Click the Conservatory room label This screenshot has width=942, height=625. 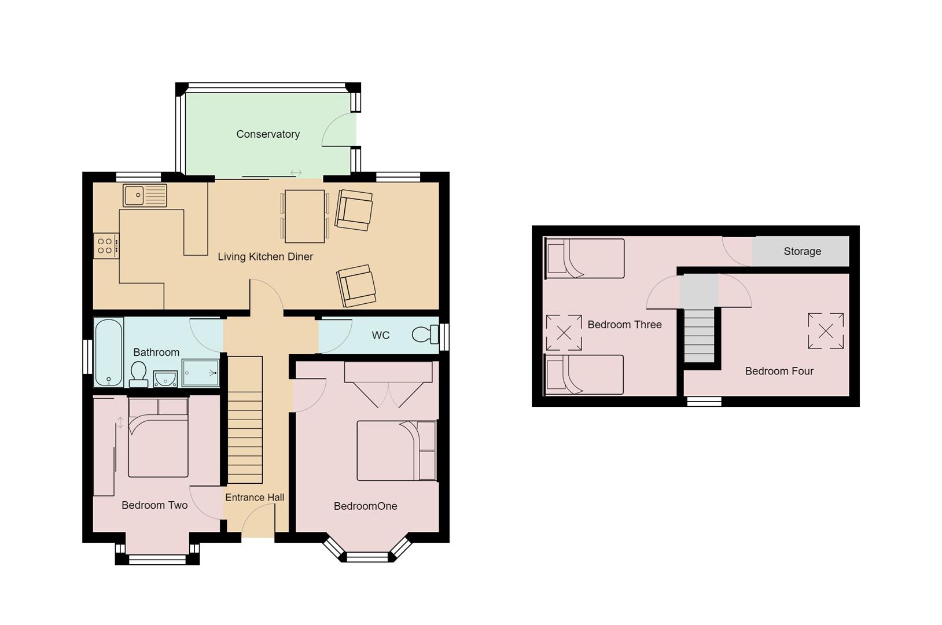coord(268,134)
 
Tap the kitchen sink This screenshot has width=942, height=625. coord(145,196)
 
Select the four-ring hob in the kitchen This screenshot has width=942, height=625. coord(106,245)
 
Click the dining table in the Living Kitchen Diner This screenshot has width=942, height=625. coord(304,216)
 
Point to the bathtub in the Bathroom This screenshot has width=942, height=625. coord(109,352)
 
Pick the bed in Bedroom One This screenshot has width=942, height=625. coord(396,451)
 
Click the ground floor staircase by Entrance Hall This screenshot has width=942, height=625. coord(245,420)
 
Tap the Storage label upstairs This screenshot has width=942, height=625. coord(802,251)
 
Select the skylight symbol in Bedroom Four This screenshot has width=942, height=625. coord(826,331)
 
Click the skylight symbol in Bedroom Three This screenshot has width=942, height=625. coord(564,332)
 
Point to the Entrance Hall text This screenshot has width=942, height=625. coord(255,497)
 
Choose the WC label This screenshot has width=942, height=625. coord(380,335)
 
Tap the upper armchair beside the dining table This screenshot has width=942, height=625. coord(354,209)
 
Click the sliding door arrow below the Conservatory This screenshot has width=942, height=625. coord(296,172)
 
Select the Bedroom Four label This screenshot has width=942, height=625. coord(779,371)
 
